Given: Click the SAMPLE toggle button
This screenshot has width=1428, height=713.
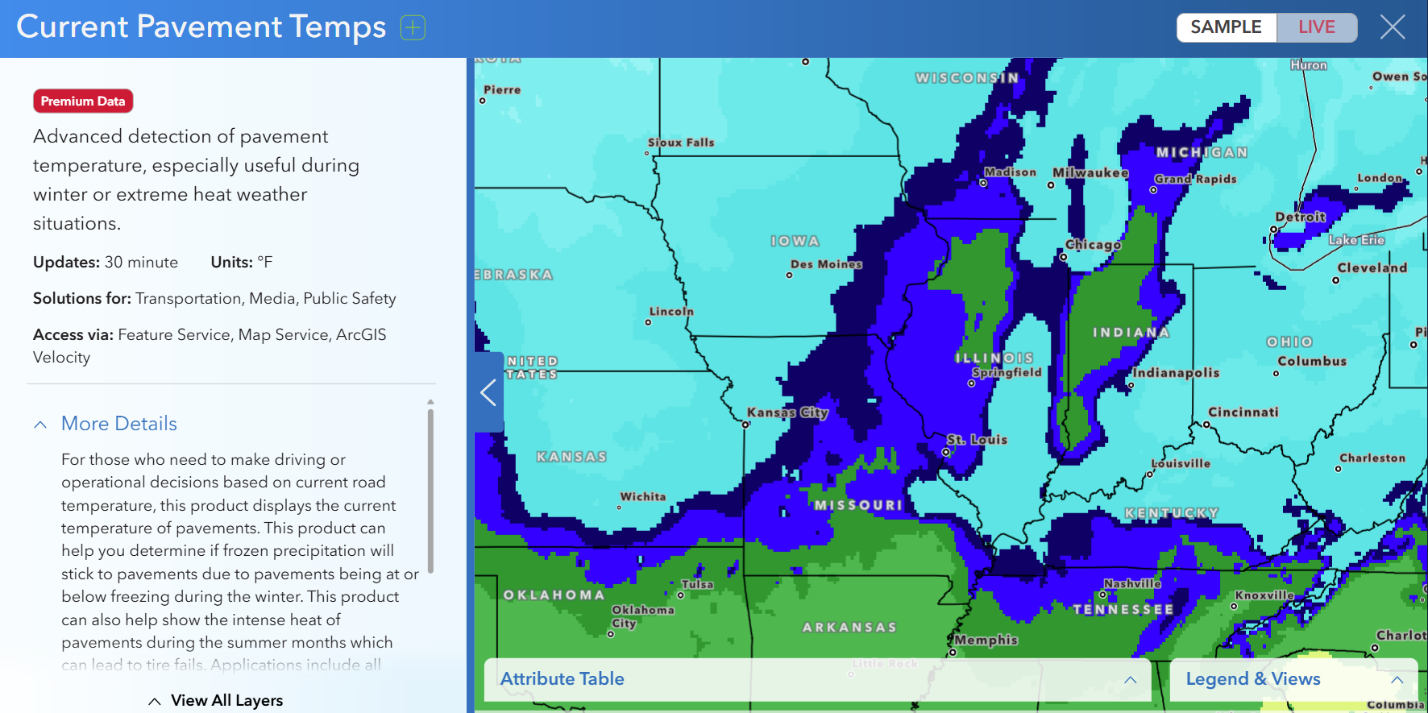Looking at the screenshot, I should [1226, 27].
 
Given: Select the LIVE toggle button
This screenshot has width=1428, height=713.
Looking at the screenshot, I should [1316, 27].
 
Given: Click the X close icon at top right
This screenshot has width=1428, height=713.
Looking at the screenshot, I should [1393, 27].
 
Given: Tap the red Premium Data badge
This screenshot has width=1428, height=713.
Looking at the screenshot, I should [83, 102].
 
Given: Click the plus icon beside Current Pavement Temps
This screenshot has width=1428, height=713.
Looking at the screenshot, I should [413, 28].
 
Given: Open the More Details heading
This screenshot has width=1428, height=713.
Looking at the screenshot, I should [118, 424].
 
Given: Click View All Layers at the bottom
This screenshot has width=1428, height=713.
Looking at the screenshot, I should [226, 700].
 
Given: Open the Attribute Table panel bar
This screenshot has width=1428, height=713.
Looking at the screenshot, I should [562, 679].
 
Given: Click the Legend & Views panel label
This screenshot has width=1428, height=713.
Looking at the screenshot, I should [1252, 679].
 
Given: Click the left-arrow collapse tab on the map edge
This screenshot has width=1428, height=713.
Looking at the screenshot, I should [488, 392].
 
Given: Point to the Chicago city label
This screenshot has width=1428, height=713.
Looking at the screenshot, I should [1093, 245].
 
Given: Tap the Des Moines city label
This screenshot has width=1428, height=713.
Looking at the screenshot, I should [826, 264].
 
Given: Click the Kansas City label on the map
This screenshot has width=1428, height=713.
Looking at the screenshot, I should [787, 412].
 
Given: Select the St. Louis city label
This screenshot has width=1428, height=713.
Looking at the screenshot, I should [977, 440].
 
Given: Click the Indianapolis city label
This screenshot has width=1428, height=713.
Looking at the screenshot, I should [1176, 373].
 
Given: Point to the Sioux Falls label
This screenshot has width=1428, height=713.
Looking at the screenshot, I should [681, 143].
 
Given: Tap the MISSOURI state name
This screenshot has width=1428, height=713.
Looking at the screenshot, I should [857, 505].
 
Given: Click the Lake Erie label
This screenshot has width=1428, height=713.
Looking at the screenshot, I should [1356, 240].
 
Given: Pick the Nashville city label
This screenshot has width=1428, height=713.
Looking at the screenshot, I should [1132, 583].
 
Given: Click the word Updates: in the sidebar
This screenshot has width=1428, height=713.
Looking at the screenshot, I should [66, 263].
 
